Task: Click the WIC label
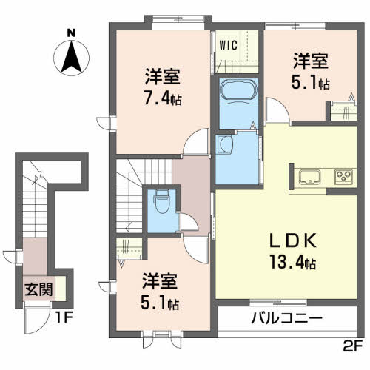[228, 45]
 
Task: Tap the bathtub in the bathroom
[239, 90]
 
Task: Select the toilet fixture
[161, 201]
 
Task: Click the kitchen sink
[310, 177]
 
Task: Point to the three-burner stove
[346, 177]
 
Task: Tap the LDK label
[293, 240]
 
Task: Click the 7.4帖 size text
[163, 99]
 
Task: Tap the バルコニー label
[287, 318]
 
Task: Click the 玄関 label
[38, 289]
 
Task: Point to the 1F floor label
[63, 317]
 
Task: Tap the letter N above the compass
[71, 33]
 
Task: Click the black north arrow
[71, 57]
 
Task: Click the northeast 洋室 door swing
[277, 110]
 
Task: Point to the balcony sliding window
[278, 302]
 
